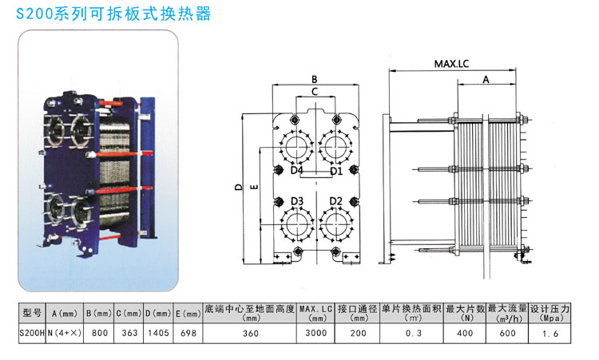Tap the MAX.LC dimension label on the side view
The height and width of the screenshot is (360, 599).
click(451, 63)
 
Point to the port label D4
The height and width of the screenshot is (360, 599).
click(296, 170)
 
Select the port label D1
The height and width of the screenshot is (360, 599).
click(335, 170)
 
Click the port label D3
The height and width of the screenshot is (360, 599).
click(297, 200)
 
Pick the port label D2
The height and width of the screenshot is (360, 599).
click(335, 200)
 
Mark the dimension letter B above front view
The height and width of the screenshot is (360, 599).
click(315, 79)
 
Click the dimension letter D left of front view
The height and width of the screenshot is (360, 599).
click(238, 188)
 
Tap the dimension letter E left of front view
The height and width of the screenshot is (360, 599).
click(253, 188)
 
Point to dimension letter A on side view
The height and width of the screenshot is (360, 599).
click(486, 79)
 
